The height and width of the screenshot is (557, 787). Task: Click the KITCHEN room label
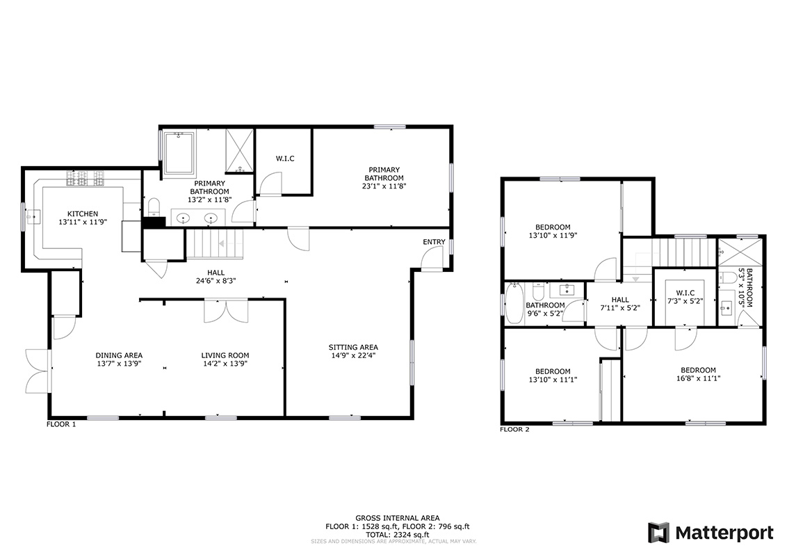pyautogui.click(x=83, y=213)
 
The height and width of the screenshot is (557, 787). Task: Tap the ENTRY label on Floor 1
pyautogui.click(x=434, y=242)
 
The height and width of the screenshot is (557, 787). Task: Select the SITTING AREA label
pyautogui.click(x=353, y=347)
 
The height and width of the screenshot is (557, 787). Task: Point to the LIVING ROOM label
pyautogui.click(x=225, y=355)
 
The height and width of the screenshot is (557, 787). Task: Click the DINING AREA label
pyautogui.click(x=119, y=355)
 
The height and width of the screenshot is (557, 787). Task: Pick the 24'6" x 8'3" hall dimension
pyautogui.click(x=216, y=281)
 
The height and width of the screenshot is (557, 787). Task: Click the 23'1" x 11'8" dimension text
pyautogui.click(x=384, y=186)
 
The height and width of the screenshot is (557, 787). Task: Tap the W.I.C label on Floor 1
pyautogui.click(x=285, y=159)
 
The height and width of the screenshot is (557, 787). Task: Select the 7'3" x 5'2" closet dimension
pyautogui.click(x=685, y=301)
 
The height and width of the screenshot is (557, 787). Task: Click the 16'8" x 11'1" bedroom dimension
pyautogui.click(x=698, y=378)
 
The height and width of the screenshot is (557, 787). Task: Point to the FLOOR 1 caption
pyautogui.click(x=61, y=424)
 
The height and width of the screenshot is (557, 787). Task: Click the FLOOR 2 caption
pyautogui.click(x=514, y=430)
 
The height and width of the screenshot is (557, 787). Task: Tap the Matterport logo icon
pyautogui.click(x=658, y=533)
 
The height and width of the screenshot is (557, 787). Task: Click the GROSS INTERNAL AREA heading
pyautogui.click(x=398, y=518)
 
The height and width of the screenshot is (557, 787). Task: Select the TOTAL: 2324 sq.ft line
pyautogui.click(x=398, y=535)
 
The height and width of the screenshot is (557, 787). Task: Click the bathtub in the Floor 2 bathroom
pyautogui.click(x=514, y=304)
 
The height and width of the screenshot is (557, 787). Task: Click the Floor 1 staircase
pyautogui.click(x=215, y=244)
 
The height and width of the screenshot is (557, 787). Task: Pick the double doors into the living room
pyautogui.click(x=226, y=311)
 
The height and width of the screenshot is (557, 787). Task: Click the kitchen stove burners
pyautogui.click(x=86, y=177)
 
